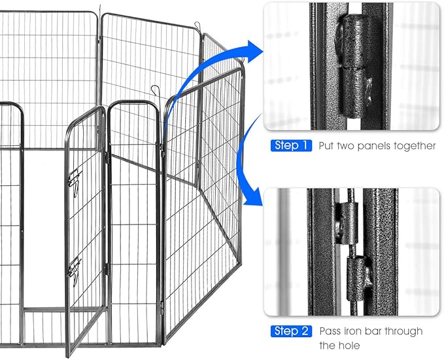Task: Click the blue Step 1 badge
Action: [x=290, y=145]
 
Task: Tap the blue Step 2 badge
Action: [x=290, y=331]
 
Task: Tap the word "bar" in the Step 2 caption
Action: [x=379, y=331]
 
